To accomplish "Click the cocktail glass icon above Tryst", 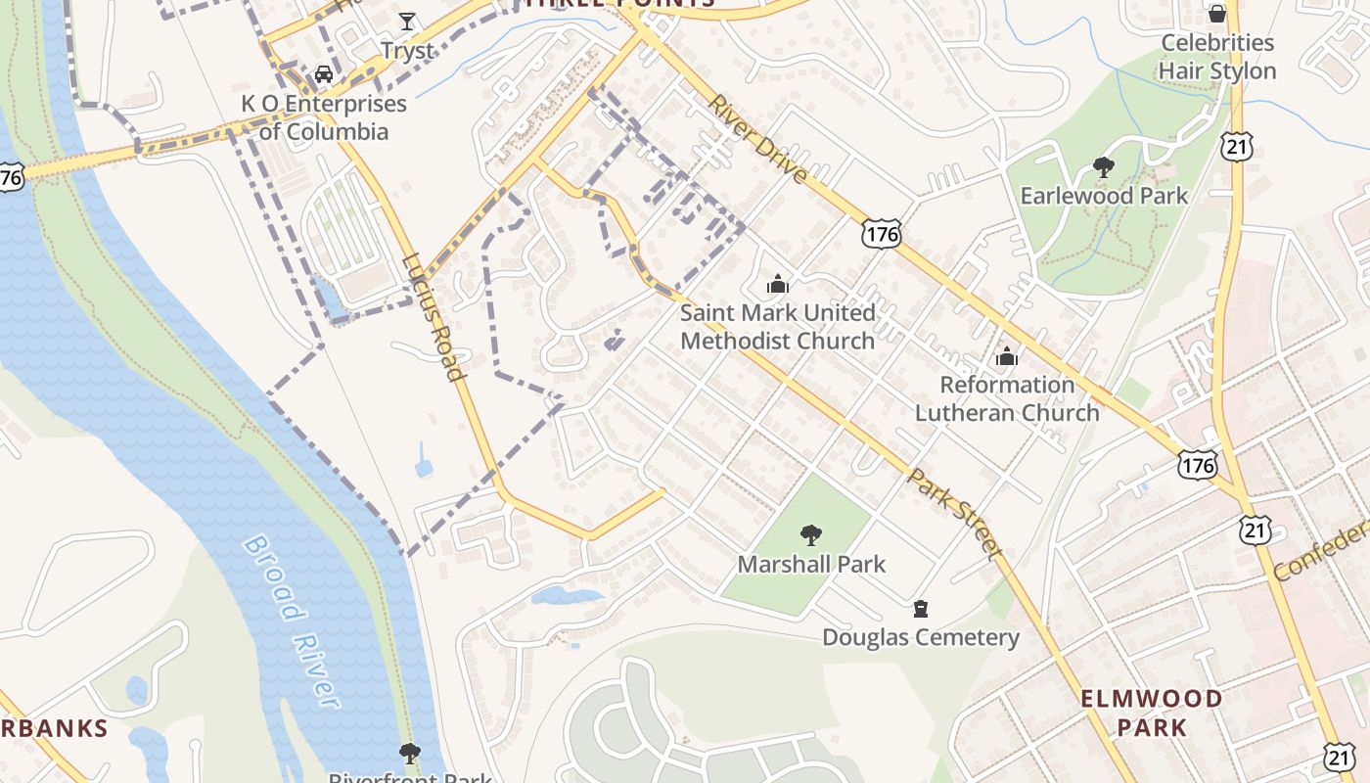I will point(407,21).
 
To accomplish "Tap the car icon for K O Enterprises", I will point(324,73).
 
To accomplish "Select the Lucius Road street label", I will point(433,317).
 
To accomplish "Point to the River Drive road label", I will point(758,139).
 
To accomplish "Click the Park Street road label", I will point(954,514).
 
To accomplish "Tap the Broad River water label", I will point(291,621).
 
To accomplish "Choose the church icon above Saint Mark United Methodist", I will point(778,284).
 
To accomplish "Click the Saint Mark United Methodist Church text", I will point(778,327).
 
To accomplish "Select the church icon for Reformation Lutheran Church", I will point(1006,356).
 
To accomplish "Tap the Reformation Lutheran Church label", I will point(1007,398).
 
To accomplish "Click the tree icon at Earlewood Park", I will point(1104,167).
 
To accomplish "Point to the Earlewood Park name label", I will point(1104,196).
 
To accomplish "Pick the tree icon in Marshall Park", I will point(810,534).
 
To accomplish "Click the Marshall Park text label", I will point(811,564).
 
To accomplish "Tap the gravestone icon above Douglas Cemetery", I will point(920,609).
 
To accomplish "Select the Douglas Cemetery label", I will point(920,638).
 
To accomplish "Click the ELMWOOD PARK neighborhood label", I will point(1151,713).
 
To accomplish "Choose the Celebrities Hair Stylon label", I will point(1217,57).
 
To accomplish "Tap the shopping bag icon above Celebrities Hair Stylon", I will point(1216,14).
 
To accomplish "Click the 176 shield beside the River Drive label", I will point(881,233).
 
